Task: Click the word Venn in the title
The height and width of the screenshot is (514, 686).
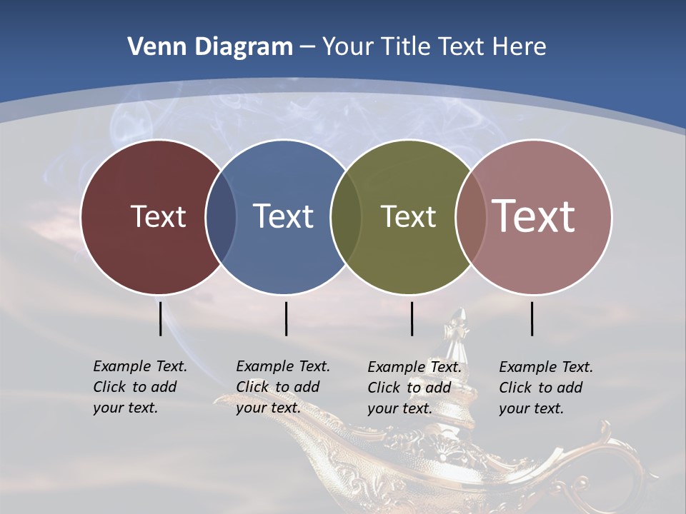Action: (x=151, y=47)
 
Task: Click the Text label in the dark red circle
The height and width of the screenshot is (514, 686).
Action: (x=158, y=216)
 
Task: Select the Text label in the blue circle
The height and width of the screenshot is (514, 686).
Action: (x=283, y=216)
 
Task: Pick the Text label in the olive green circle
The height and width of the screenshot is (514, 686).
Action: (x=408, y=216)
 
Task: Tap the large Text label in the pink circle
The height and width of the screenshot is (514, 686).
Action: (x=534, y=216)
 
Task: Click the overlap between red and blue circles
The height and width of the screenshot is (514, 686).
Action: (x=221, y=216)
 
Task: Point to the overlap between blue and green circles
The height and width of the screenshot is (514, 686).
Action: (x=346, y=216)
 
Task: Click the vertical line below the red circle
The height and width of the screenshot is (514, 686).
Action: (x=160, y=318)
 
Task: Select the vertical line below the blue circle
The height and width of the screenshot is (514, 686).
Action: (x=286, y=318)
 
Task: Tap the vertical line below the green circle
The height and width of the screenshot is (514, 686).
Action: (x=412, y=318)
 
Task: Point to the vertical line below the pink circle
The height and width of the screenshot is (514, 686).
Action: (x=532, y=318)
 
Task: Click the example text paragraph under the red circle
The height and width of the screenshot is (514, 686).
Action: (x=139, y=387)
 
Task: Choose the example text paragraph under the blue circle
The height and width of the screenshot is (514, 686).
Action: (x=282, y=387)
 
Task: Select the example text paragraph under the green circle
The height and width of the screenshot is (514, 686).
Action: (x=414, y=388)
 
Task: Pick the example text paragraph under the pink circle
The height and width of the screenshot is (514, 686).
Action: (x=545, y=388)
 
